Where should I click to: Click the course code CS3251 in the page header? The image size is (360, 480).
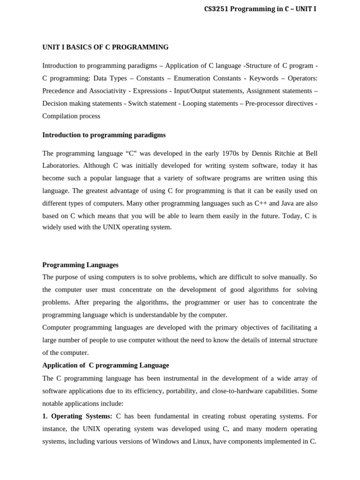tap(217, 9)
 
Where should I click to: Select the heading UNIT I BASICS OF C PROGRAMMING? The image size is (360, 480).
tap(105, 47)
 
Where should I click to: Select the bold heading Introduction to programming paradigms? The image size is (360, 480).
tap(104, 135)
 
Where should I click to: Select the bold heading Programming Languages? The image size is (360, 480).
tap(80, 265)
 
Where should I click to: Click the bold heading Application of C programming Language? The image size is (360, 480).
tap(105, 365)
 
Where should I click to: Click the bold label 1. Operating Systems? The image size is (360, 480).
tap(77, 416)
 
